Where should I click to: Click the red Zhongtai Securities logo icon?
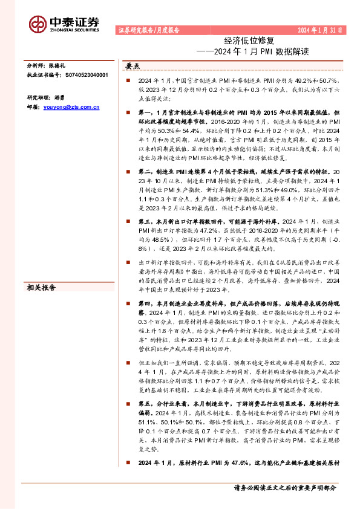(39, 22)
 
